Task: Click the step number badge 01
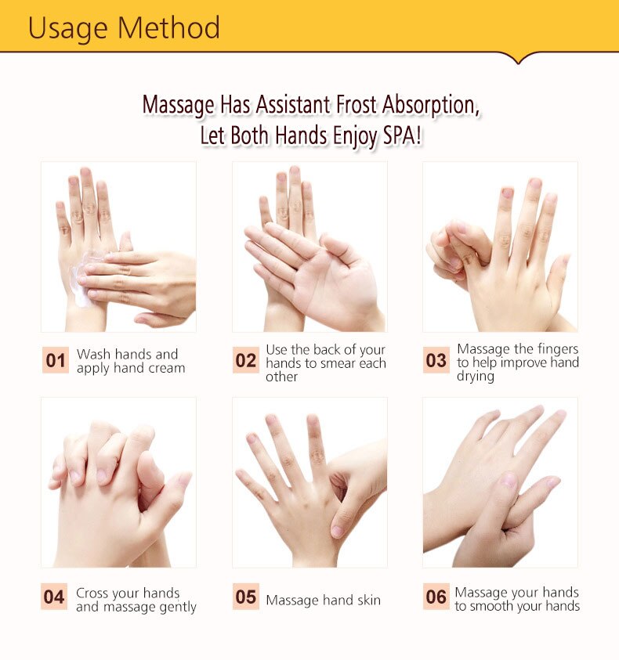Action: (55, 361)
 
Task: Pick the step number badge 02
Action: (246, 361)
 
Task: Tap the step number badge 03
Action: (436, 361)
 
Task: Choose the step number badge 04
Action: (54, 597)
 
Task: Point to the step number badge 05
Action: (246, 597)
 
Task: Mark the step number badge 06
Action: (436, 597)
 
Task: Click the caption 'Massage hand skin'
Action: (323, 600)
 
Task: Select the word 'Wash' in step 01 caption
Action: (92, 355)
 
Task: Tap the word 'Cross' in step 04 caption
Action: (94, 593)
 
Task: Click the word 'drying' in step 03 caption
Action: (476, 376)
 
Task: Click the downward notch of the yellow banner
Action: (516, 59)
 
